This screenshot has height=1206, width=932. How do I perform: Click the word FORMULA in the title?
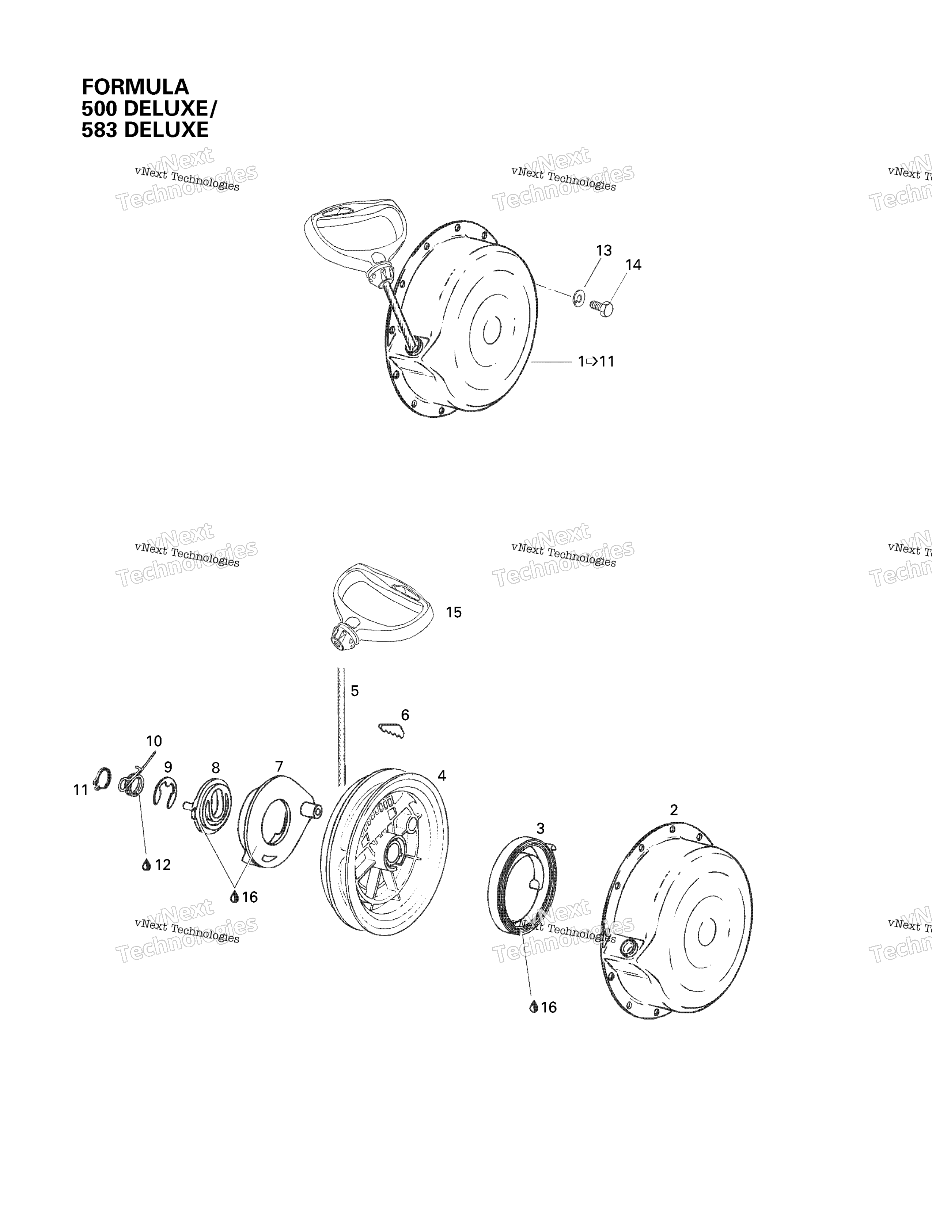click(x=135, y=87)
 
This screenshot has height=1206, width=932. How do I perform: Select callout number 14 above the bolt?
click(x=633, y=265)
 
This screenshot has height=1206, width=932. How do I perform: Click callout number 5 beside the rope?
click(x=355, y=691)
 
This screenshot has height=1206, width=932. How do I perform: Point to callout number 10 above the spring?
click(x=154, y=741)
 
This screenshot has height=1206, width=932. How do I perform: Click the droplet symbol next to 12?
click(x=146, y=865)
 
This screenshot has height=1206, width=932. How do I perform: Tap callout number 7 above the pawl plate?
click(x=279, y=766)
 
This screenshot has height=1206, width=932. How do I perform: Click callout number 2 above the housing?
click(x=674, y=810)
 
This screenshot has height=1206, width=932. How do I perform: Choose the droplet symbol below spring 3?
click(x=533, y=1007)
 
